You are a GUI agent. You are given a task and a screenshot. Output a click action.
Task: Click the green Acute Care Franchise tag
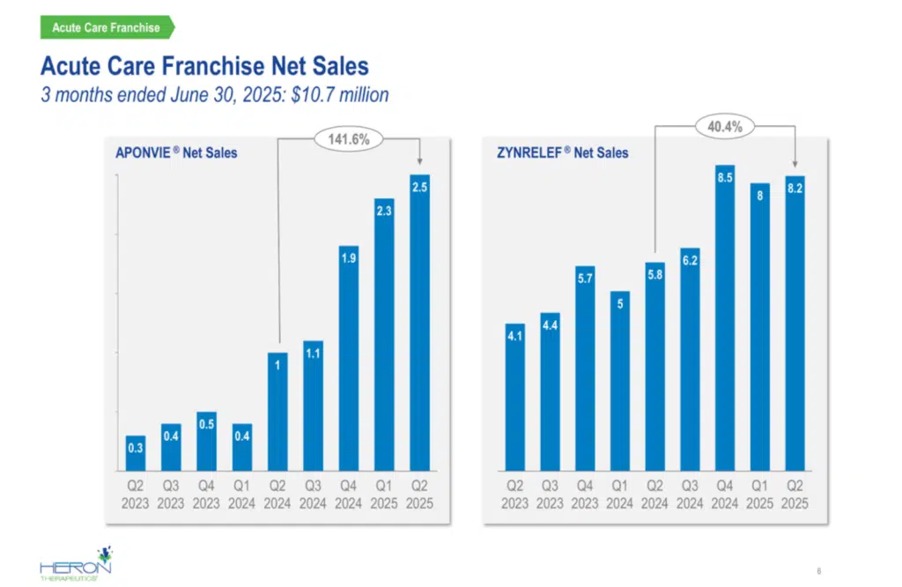(x=106, y=27)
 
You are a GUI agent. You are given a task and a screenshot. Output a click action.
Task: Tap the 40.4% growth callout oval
(x=725, y=127)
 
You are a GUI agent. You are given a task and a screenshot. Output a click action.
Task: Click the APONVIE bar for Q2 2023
(x=136, y=453)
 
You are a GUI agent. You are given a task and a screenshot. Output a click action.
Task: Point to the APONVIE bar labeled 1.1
(x=313, y=405)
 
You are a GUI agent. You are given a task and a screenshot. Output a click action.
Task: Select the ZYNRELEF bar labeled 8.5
(x=725, y=317)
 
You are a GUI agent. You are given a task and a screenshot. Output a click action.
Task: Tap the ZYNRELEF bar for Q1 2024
(x=619, y=381)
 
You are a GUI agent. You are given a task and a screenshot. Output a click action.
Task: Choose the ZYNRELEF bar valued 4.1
(x=514, y=397)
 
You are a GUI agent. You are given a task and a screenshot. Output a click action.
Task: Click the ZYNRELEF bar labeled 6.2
(x=690, y=359)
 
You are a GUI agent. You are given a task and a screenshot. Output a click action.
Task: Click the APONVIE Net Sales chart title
(x=176, y=152)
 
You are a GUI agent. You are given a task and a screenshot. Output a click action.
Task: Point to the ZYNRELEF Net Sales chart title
(x=563, y=152)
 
